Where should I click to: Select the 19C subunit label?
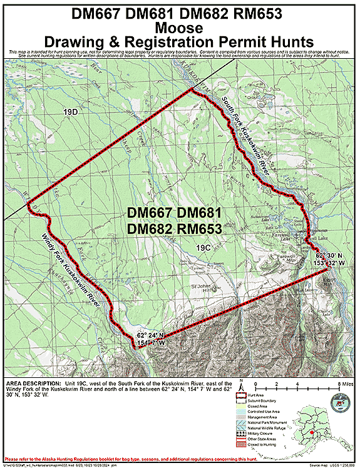pyautogui.click(x=203, y=248)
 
